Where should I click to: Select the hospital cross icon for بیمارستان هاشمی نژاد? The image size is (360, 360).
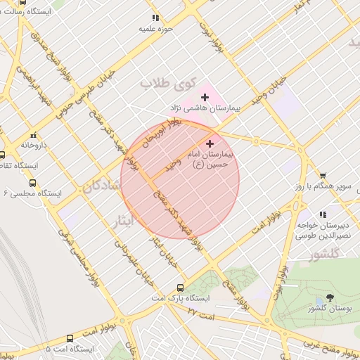point(205,96)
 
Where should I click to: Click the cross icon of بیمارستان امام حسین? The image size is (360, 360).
point(210,143)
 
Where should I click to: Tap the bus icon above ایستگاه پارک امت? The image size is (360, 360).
point(181,288)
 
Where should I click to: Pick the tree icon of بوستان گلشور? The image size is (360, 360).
point(330,297)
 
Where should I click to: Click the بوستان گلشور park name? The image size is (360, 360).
point(330,309)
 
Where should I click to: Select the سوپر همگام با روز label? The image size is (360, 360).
point(323,187)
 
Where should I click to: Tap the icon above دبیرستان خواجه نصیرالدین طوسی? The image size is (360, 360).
point(323,214)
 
